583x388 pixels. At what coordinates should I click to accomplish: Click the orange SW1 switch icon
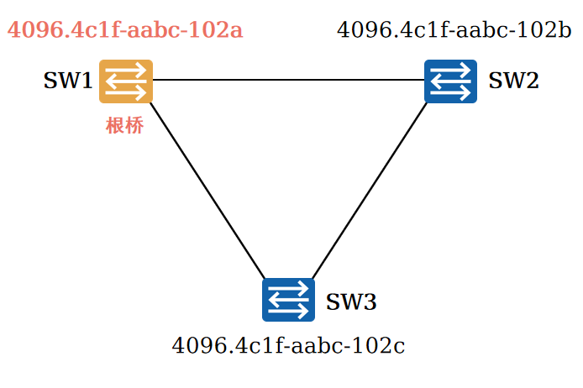click(x=126, y=81)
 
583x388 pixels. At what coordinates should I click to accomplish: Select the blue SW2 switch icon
click(x=450, y=81)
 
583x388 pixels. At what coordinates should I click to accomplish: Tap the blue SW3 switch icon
click(x=288, y=300)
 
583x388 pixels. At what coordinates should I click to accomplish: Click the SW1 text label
click(x=68, y=81)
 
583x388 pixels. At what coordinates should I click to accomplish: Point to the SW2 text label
click(x=513, y=81)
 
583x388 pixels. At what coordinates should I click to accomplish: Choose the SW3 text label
click(x=351, y=301)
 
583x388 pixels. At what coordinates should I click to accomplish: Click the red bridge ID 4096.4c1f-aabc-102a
click(x=125, y=31)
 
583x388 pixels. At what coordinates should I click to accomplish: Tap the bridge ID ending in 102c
click(x=288, y=346)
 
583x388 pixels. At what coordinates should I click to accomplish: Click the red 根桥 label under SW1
click(x=124, y=127)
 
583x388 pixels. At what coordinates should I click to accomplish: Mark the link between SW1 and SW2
click(x=288, y=81)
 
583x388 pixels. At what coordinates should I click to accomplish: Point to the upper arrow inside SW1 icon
click(x=126, y=74)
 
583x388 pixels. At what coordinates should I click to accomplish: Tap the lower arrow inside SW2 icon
click(x=450, y=89)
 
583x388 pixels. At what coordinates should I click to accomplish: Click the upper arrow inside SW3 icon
click(x=288, y=292)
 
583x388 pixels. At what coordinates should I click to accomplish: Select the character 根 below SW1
click(x=115, y=127)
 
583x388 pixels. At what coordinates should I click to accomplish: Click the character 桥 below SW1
click(x=134, y=127)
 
